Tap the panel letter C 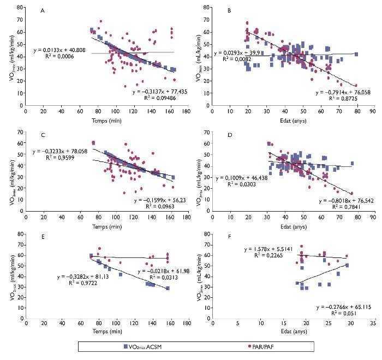click(x=43, y=131)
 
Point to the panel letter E click(x=43, y=241)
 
